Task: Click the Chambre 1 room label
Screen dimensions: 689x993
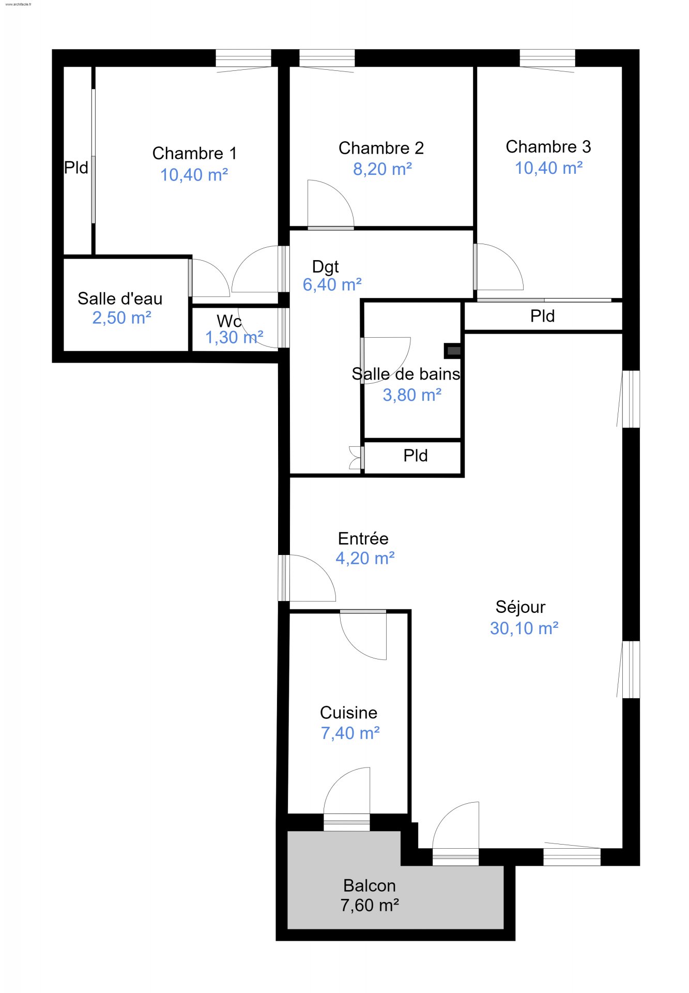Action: click(x=194, y=153)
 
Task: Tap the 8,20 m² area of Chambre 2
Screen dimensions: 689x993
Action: click(x=382, y=169)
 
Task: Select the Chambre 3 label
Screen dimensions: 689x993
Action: click(x=548, y=147)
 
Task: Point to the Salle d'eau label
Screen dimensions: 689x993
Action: click(x=120, y=298)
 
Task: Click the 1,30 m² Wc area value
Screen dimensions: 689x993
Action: click(x=235, y=338)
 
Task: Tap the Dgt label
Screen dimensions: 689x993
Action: click(x=326, y=267)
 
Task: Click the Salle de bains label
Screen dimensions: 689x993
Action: click(x=406, y=374)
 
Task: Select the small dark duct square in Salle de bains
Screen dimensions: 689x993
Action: click(x=453, y=351)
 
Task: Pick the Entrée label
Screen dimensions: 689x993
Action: click(x=363, y=538)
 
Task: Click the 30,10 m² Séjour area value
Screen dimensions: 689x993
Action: click(x=524, y=628)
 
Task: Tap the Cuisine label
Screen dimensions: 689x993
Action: click(x=349, y=713)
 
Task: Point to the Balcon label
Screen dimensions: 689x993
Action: click(x=370, y=886)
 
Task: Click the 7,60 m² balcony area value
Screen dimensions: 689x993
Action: click(x=370, y=906)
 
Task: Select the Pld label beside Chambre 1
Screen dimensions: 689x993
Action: click(x=76, y=168)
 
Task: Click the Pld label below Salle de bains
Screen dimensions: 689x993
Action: click(x=416, y=456)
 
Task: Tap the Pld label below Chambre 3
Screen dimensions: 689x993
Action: click(x=543, y=316)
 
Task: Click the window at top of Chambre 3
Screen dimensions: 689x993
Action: click(x=547, y=58)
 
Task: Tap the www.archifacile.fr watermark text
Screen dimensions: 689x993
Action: click(x=18, y=4)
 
